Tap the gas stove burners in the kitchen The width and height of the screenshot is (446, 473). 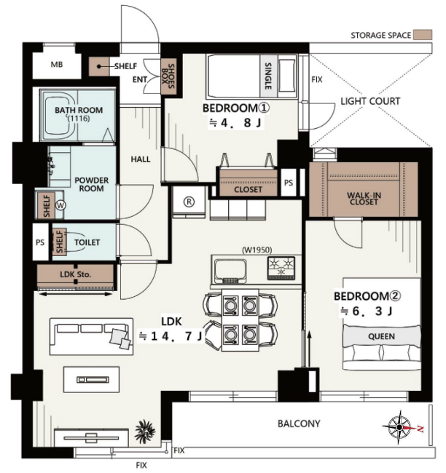pyautogui.click(x=281, y=268)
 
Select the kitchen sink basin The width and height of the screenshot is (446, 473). pyautogui.click(x=230, y=270)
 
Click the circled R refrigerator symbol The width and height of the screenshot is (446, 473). pyautogui.click(x=189, y=202)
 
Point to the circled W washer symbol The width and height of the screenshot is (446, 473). pyautogui.click(x=60, y=205)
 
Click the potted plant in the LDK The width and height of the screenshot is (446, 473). pyautogui.click(x=145, y=431)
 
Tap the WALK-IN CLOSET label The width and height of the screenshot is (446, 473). pyautogui.click(x=364, y=199)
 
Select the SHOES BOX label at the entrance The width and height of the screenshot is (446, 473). pyautogui.click(x=168, y=76)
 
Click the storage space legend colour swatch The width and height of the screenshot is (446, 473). pyautogui.click(x=423, y=35)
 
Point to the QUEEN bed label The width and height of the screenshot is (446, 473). pyautogui.click(x=381, y=336)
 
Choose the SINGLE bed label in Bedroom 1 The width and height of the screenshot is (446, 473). pyautogui.click(x=268, y=76)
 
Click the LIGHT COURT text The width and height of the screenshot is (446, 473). pyautogui.click(x=370, y=101)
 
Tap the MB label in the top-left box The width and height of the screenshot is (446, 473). pyautogui.click(x=57, y=64)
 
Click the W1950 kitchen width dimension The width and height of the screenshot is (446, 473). pyautogui.click(x=257, y=250)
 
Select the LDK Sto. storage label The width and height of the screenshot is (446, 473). pyautogui.click(x=75, y=274)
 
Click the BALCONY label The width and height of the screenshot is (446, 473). pyautogui.click(x=299, y=424)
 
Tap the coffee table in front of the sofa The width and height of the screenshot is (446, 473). pyautogui.click(x=91, y=379)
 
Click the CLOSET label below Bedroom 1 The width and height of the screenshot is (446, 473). pyautogui.click(x=248, y=189)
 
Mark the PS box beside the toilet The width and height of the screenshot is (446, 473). pyautogui.click(x=40, y=242)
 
